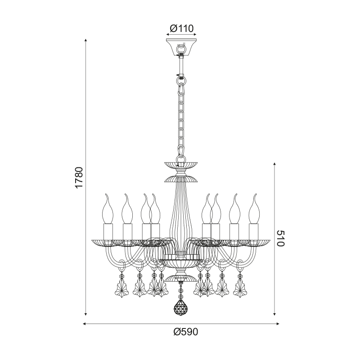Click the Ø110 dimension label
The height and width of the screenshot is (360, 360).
tap(182, 29)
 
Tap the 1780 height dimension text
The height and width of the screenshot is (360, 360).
tap(79, 178)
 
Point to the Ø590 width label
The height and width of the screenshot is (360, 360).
tap(185, 332)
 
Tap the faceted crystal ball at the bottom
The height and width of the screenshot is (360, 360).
tap(180, 308)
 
